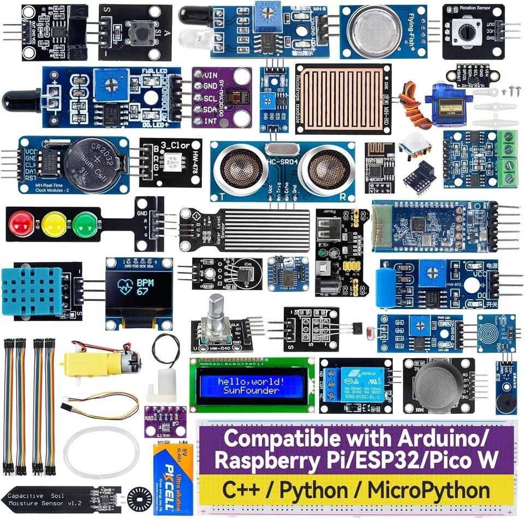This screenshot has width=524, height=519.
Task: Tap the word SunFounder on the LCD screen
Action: pos(252,390)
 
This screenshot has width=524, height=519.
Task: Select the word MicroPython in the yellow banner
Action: pos(428,490)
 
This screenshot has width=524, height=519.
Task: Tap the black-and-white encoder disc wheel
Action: pos(138,499)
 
